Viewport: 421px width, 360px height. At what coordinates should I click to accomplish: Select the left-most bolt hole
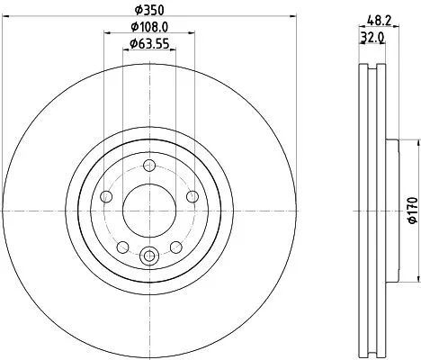click(108, 197)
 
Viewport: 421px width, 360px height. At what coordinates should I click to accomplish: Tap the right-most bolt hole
click(191, 197)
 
